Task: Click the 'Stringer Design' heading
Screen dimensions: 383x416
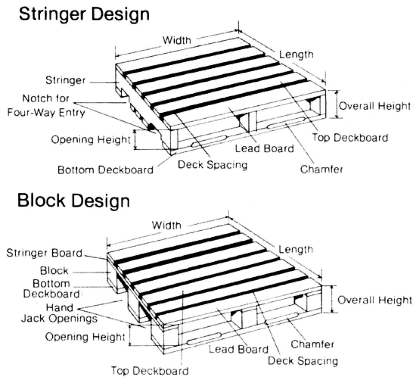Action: tap(84, 15)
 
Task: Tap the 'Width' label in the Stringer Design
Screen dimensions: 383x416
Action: tap(177, 40)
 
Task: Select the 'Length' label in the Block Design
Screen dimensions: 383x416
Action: tap(296, 249)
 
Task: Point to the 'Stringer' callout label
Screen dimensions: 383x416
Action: tap(65, 80)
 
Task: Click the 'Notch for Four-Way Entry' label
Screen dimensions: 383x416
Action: tap(46, 105)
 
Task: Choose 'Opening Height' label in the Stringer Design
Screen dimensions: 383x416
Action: tap(90, 139)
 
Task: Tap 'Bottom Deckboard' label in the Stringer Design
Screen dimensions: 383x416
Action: tap(106, 170)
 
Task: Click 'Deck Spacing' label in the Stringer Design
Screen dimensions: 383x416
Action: tap(213, 164)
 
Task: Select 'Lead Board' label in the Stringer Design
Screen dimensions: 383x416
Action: tap(264, 148)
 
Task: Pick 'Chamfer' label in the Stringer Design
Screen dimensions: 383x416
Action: tap(322, 169)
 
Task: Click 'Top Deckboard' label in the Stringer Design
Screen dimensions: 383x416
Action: tap(350, 138)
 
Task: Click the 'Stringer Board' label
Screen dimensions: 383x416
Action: tap(44, 253)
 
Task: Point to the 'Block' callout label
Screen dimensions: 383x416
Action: tap(54, 270)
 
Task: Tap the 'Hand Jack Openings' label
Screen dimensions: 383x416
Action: tap(59, 313)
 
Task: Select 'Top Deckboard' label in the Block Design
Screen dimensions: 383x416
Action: tap(150, 371)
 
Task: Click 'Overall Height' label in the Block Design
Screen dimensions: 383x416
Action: tap(375, 300)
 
